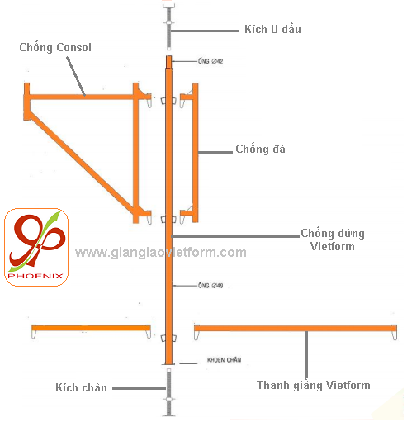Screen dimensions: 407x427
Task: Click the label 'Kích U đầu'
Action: point(272,29)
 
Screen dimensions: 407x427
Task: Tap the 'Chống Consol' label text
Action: point(55,47)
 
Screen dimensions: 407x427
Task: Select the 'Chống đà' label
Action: point(260,149)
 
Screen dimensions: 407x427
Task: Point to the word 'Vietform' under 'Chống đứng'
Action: point(333,246)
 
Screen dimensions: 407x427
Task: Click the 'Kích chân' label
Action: point(81,387)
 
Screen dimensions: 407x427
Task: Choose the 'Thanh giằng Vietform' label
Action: point(314,385)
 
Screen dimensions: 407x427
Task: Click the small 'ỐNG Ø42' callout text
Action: point(211,61)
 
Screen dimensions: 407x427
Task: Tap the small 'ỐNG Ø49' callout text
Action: point(211,286)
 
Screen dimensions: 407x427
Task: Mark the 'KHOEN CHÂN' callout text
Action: point(224,360)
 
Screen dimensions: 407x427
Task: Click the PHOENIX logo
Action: point(36,247)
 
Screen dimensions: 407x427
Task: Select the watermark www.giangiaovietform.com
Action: point(161,253)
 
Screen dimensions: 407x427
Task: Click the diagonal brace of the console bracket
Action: point(83,163)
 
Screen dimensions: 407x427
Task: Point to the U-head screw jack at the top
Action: point(168,26)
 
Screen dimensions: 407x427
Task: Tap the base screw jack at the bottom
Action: point(168,392)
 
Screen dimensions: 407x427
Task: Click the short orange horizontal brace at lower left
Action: point(91,328)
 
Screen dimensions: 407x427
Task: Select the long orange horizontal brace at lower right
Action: point(296,328)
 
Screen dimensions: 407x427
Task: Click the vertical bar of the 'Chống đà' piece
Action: point(195,153)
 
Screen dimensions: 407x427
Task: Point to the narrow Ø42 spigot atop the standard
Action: point(168,62)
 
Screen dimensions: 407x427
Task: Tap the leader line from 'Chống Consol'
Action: point(76,77)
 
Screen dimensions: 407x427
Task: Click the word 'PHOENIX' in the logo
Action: point(35,276)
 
